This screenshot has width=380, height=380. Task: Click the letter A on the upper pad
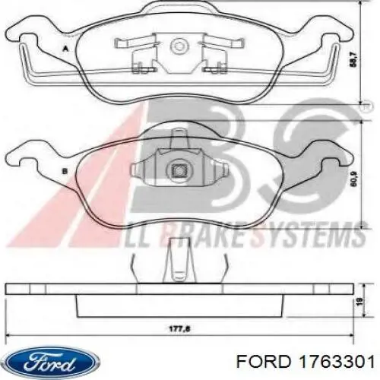click(66, 47)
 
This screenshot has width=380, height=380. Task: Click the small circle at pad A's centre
click(180, 46)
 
